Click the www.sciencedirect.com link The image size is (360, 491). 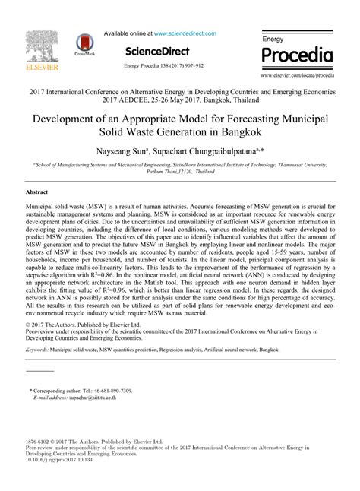(185, 33)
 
